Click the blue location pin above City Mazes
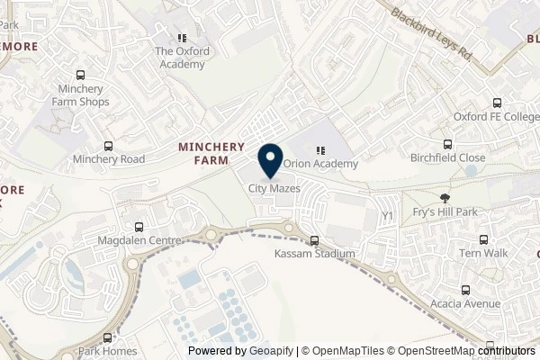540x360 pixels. pos(269,160)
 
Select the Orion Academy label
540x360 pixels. pos(321,164)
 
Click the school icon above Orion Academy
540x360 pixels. pos(321,151)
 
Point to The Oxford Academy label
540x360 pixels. pos(182,51)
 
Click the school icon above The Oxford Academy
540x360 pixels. pos(182,39)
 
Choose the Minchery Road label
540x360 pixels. pos(108,159)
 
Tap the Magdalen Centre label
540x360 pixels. pos(139,240)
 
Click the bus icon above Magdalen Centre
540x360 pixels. pos(139,228)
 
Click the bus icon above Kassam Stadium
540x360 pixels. pos(314,241)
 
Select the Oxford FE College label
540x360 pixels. pos(495,117)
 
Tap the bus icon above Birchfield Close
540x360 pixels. pos(448,144)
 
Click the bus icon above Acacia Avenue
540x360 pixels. pos(466,291)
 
